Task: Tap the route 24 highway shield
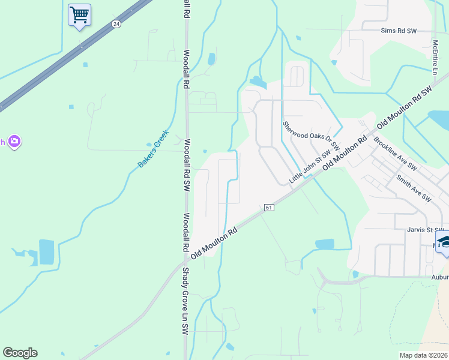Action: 116,24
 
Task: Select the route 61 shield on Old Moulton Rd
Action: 268,208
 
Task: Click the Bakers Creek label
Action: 154,148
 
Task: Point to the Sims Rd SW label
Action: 399,30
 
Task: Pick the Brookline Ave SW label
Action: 395,155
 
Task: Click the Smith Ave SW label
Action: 413,188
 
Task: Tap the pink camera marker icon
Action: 14,142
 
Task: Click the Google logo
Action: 20,353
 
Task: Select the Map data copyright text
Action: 423,355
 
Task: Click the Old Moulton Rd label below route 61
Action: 214,242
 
